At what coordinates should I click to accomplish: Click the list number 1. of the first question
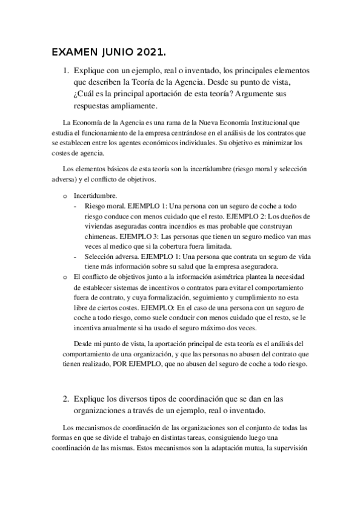tap(67, 71)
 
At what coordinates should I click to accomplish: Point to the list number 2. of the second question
tap(67, 399)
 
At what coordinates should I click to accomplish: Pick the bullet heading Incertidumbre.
tap(92, 196)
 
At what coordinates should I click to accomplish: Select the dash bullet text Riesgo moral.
tap(96, 206)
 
